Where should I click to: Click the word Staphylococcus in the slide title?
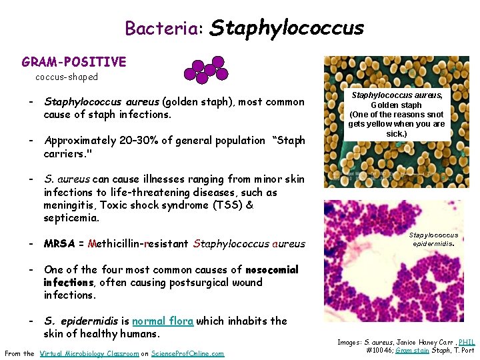coord(287,28)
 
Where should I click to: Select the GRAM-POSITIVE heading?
coord(74,62)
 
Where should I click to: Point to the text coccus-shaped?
coord(67,77)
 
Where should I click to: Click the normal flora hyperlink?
coord(163,321)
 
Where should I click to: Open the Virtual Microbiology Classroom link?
coord(89,353)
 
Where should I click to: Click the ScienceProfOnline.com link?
coord(187,353)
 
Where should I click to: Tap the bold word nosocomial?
coord(272,269)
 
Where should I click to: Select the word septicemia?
coord(71,218)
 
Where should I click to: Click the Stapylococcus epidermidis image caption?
coord(434,239)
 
